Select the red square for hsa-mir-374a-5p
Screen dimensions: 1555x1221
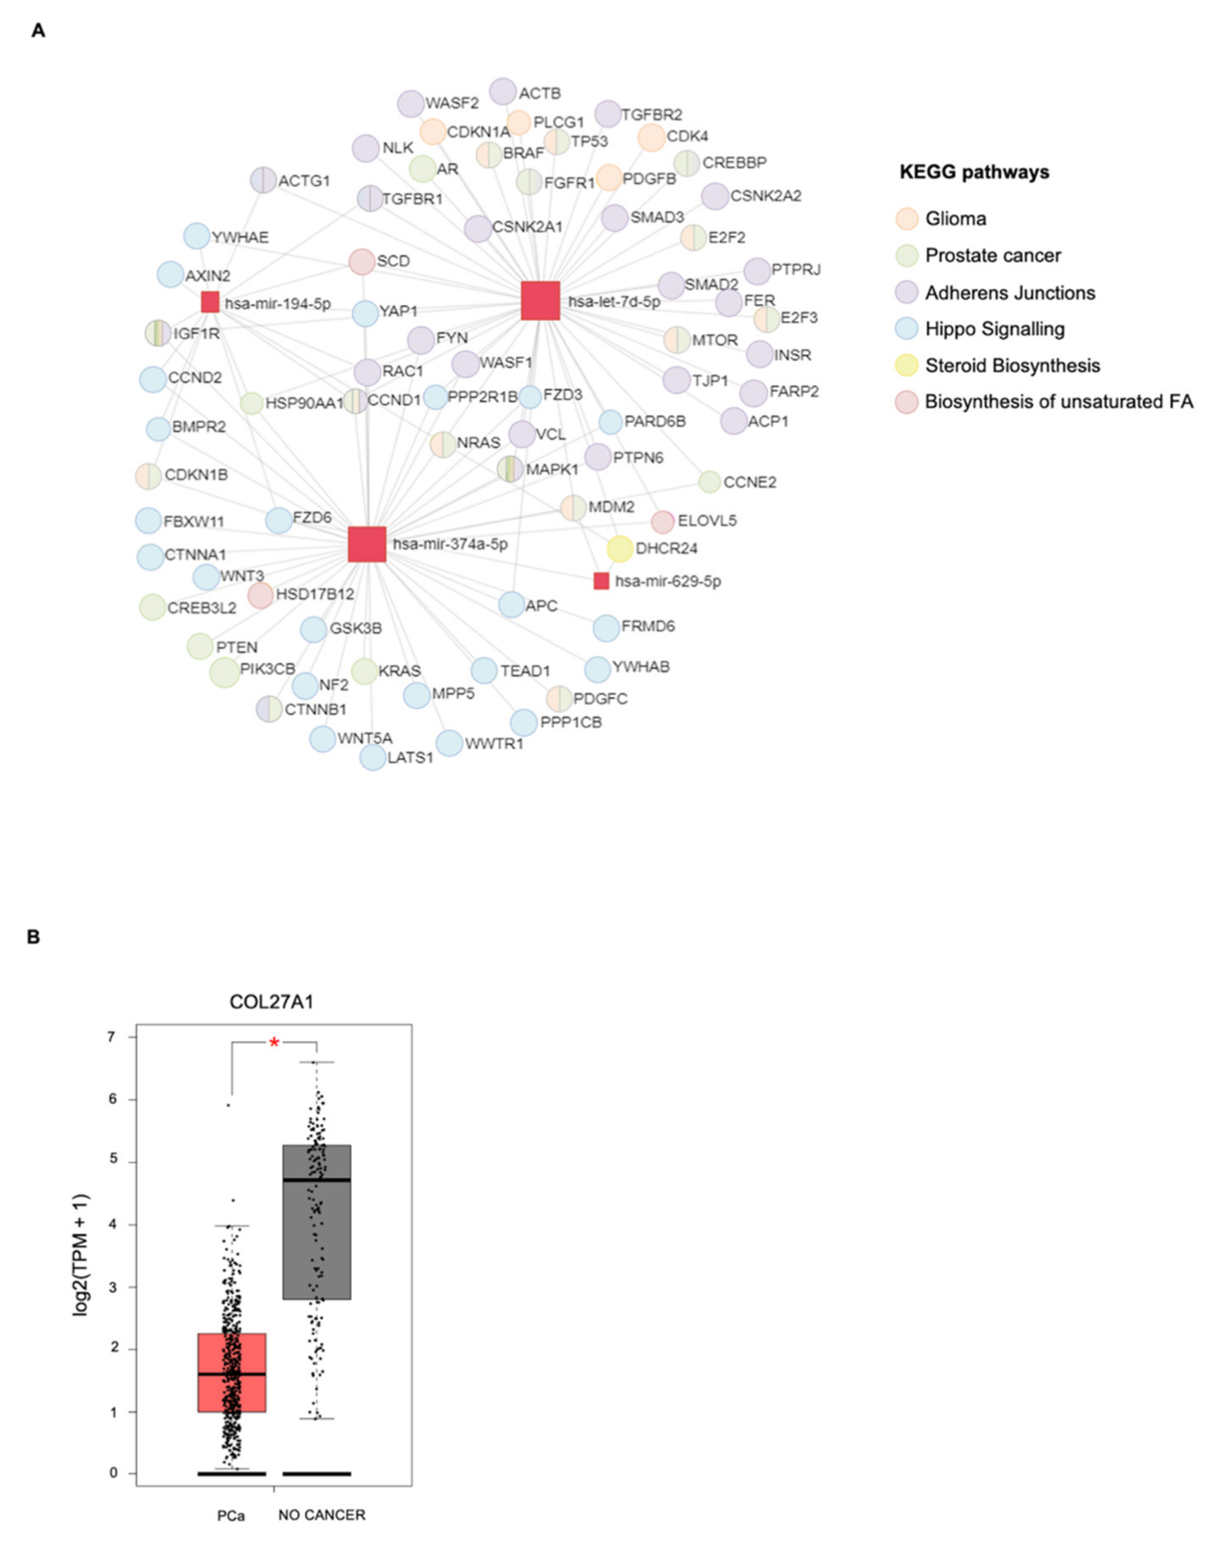(367, 545)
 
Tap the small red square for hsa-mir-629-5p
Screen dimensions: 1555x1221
(601, 580)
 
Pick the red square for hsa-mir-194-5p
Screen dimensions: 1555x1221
(209, 302)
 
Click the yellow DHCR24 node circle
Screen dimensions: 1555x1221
(619, 549)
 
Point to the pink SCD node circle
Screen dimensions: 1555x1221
(361, 262)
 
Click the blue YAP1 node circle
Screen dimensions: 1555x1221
(366, 313)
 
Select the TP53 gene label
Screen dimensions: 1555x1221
(589, 141)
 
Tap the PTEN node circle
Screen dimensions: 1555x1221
(200, 646)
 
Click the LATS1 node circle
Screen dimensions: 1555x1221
(373, 757)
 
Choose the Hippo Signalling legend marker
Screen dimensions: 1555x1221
(907, 329)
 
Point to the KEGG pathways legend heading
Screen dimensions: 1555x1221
(974, 172)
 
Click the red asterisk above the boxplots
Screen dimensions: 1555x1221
(274, 1043)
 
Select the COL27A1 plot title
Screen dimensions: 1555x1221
(271, 1002)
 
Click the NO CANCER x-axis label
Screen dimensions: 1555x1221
(322, 1515)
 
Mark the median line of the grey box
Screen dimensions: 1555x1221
(316, 1180)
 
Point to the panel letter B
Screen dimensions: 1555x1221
(33, 937)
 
